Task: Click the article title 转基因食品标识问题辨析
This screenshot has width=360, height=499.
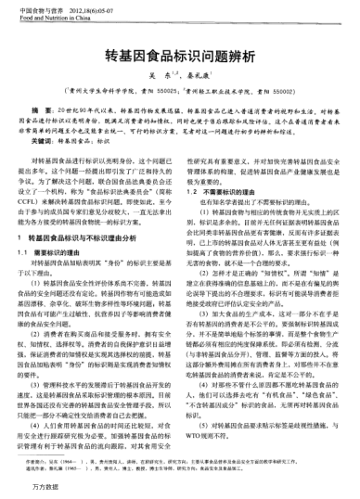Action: [180, 55]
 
